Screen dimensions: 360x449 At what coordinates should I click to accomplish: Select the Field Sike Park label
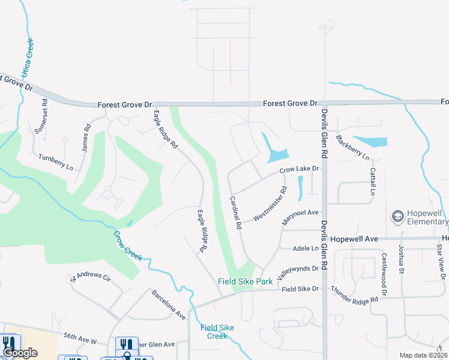[245, 281]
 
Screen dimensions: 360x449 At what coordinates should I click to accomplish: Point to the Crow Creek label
[128, 244]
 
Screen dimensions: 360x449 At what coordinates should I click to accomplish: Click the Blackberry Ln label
[352, 148]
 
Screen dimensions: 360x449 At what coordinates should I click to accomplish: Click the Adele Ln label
[306, 247]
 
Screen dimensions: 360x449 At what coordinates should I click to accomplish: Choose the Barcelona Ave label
[169, 304]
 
